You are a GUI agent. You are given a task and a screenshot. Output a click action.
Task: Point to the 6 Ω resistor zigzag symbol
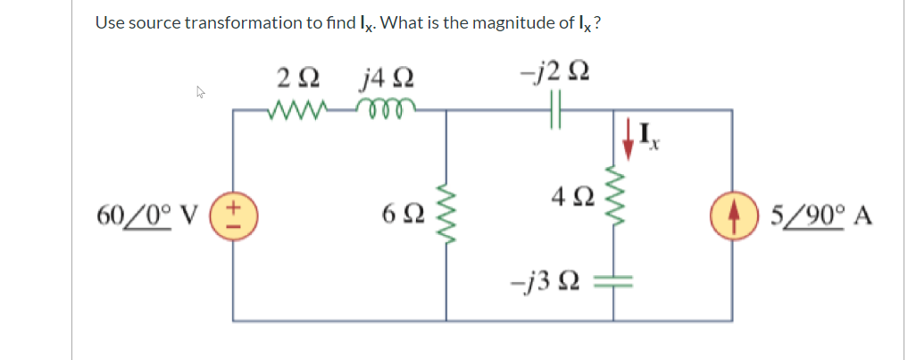pyautogui.click(x=446, y=214)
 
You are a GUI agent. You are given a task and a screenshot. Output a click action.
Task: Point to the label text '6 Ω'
pyautogui.click(x=398, y=215)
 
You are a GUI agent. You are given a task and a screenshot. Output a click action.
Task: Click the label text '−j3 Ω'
pyautogui.click(x=547, y=281)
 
